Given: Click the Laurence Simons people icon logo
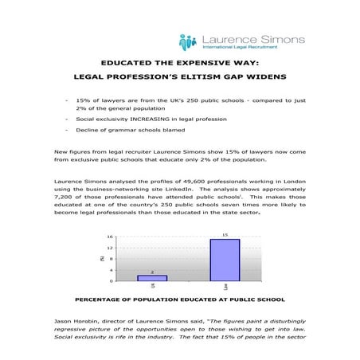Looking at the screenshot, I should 188,41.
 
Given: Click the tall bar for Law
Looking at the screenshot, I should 225,260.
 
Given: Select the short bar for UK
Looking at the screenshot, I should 152,278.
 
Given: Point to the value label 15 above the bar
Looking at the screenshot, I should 225,235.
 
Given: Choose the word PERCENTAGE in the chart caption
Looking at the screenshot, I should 106,300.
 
